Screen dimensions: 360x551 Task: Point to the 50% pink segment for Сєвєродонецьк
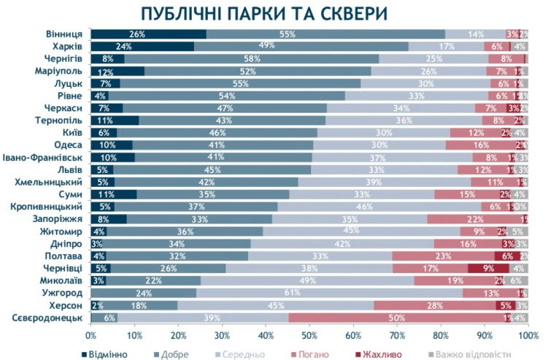[397, 318]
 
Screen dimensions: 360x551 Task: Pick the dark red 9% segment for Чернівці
[487, 267]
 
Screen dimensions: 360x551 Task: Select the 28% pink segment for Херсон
[435, 305]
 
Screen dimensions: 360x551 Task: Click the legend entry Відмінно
[106, 354]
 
